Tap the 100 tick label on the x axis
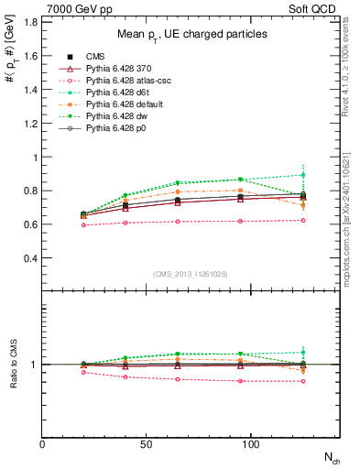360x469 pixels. [251, 444]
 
